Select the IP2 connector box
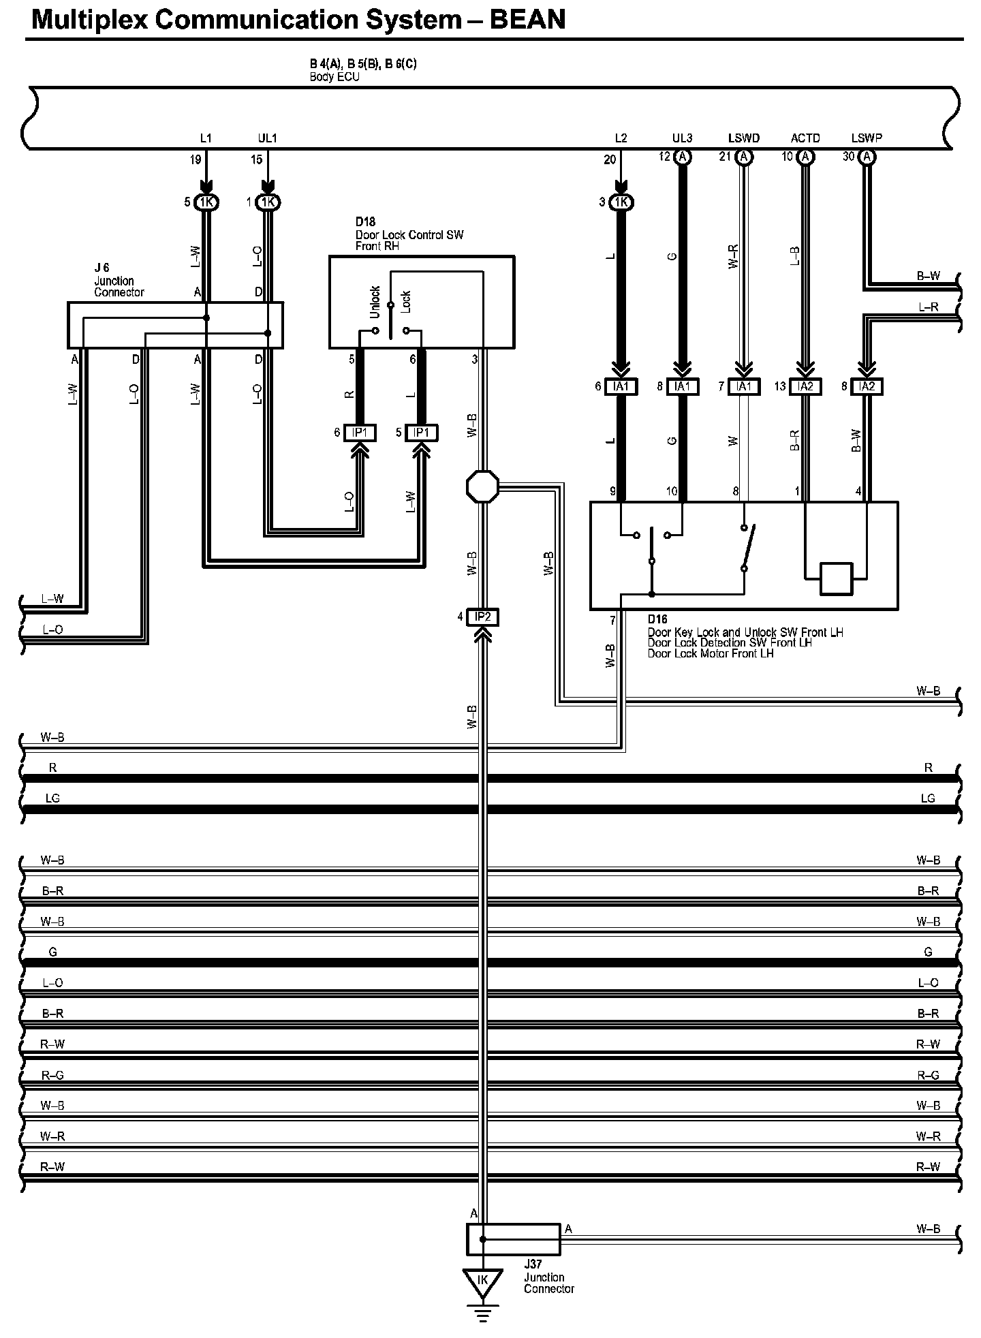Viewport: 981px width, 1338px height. (482, 617)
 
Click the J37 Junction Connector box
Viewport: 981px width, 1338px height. (513, 1239)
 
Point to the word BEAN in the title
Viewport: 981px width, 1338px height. (528, 20)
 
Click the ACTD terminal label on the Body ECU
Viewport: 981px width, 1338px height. (805, 138)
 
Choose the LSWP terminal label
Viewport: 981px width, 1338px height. (867, 138)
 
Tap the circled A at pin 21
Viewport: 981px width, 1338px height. (745, 157)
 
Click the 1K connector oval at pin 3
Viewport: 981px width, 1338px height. (621, 202)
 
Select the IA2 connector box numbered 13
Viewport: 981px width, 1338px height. (805, 386)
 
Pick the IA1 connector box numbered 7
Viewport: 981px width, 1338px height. (744, 386)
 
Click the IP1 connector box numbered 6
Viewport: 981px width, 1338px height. (360, 433)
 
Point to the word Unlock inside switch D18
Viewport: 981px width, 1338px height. (375, 302)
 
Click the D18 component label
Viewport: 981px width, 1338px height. (365, 222)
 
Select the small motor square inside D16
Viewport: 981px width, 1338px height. (836, 579)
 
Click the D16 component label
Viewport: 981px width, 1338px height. (657, 620)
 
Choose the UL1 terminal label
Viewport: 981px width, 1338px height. (268, 138)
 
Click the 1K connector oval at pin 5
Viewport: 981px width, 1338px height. (206, 202)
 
